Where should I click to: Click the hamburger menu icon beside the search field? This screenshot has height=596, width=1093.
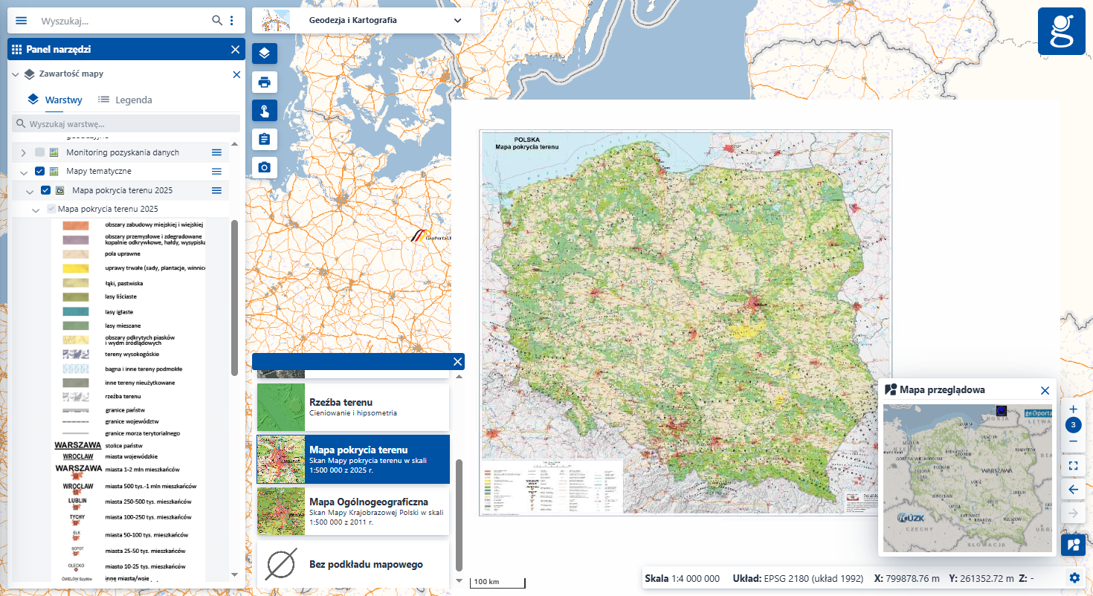pyautogui.click(x=21, y=21)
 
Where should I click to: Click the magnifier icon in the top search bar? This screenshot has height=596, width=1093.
pyautogui.click(x=217, y=21)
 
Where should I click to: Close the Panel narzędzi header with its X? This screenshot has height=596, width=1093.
pyautogui.click(x=235, y=50)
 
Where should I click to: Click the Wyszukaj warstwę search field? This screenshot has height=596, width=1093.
pyautogui.click(x=126, y=123)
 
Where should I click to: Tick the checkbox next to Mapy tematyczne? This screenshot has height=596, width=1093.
pyautogui.click(x=40, y=172)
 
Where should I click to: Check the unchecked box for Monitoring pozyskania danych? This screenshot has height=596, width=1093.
pyautogui.click(x=40, y=152)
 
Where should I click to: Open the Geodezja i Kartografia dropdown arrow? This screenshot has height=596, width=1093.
pyautogui.click(x=458, y=21)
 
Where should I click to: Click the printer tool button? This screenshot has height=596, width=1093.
pyautogui.click(x=264, y=82)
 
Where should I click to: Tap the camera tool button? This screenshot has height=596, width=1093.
pyautogui.click(x=264, y=167)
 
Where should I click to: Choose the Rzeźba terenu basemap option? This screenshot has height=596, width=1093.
pyautogui.click(x=353, y=406)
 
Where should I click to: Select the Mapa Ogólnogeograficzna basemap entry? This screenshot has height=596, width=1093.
pyautogui.click(x=353, y=511)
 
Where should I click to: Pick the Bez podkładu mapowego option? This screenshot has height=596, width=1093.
pyautogui.click(x=353, y=565)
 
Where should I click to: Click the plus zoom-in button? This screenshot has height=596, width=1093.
pyautogui.click(x=1073, y=409)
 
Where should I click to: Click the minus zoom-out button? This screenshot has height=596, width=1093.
pyautogui.click(x=1073, y=441)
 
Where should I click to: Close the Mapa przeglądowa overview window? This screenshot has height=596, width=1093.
pyautogui.click(x=1045, y=390)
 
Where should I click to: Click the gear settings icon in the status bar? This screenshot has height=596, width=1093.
pyautogui.click(x=1074, y=578)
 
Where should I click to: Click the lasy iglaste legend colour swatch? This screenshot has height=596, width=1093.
pyautogui.click(x=76, y=312)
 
